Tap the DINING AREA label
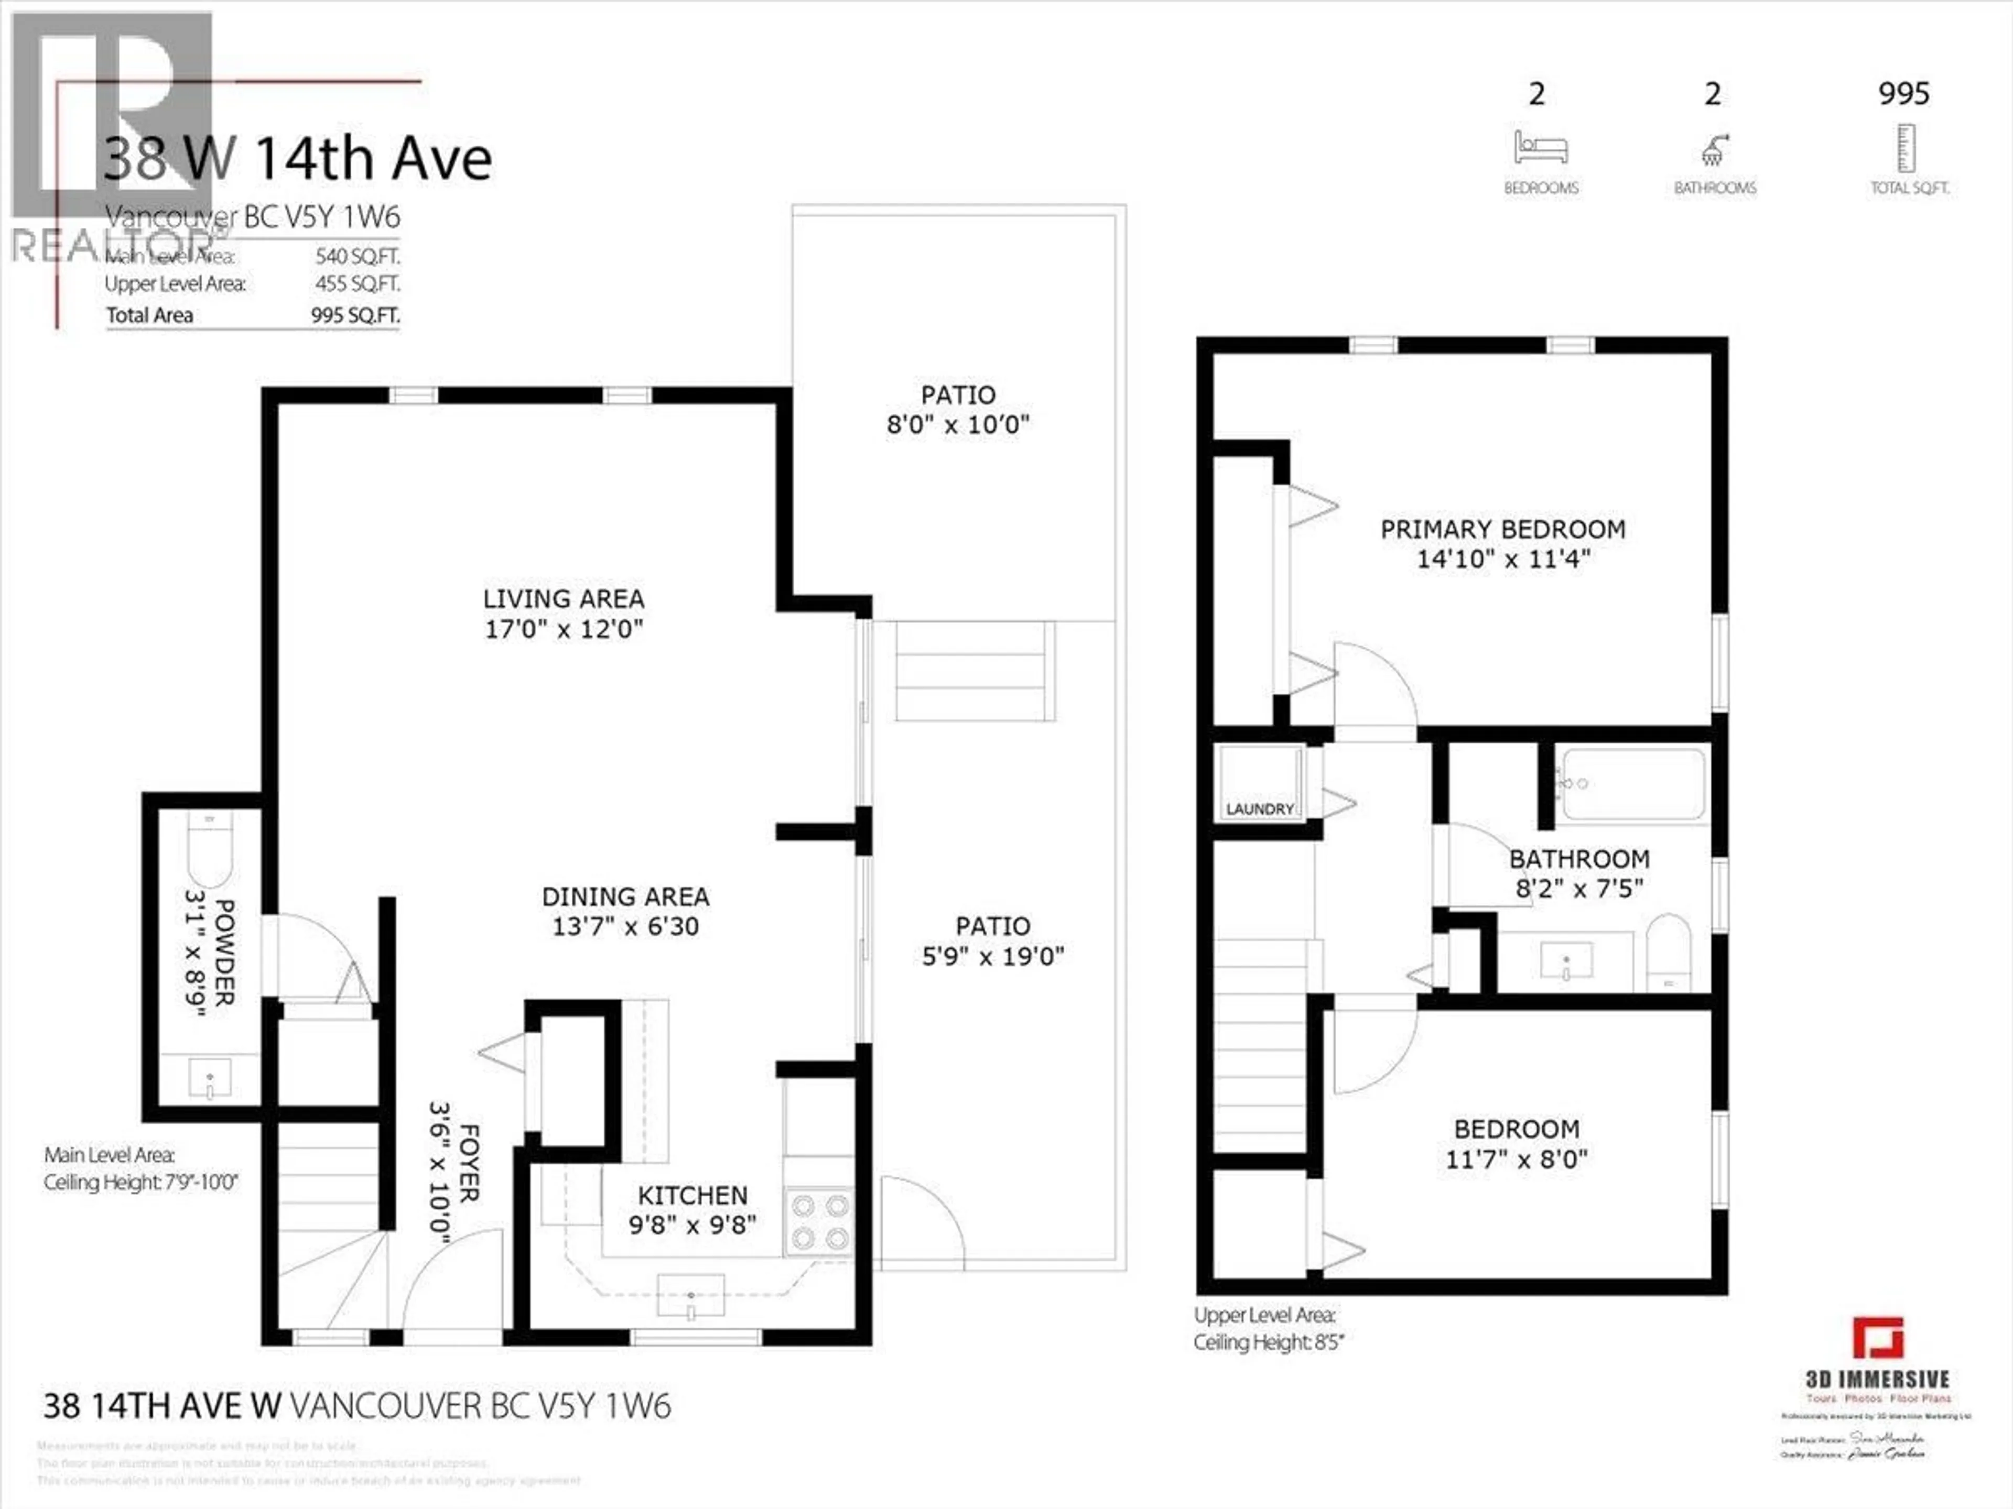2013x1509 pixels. (x=625, y=897)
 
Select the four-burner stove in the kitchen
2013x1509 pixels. (x=819, y=1221)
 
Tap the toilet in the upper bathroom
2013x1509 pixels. (x=1668, y=953)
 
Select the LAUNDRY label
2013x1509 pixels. (x=1260, y=808)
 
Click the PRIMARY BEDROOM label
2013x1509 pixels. (x=1502, y=529)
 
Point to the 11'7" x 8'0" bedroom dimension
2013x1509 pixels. (x=1516, y=1159)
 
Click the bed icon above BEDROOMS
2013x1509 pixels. (x=1540, y=147)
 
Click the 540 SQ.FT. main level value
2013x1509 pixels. (x=358, y=257)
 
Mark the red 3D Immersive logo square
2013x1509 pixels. (x=1877, y=1338)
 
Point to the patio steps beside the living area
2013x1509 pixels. (x=975, y=670)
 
